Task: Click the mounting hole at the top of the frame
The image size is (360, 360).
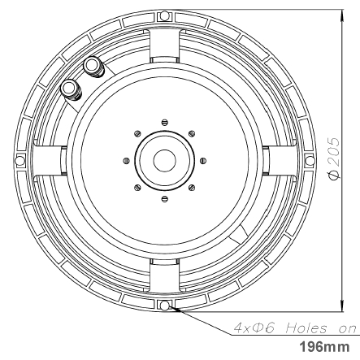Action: point(165,15)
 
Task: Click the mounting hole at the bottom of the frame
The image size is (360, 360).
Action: point(165,306)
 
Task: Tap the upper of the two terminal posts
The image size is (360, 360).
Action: point(92,64)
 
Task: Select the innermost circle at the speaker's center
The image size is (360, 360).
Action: point(165,159)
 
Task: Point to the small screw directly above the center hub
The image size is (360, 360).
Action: point(165,122)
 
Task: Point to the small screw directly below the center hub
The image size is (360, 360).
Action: point(165,197)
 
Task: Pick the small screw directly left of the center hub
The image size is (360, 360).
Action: point(127,160)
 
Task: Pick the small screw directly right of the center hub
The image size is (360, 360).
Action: point(202,160)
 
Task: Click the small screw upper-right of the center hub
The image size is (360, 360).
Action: point(192,133)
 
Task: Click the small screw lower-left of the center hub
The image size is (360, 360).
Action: point(138,187)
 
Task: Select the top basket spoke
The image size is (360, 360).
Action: point(165,37)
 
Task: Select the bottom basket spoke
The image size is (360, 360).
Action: point(165,284)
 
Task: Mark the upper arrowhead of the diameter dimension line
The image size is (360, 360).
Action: point(336,14)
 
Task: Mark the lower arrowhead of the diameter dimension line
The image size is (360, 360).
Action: point(336,307)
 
